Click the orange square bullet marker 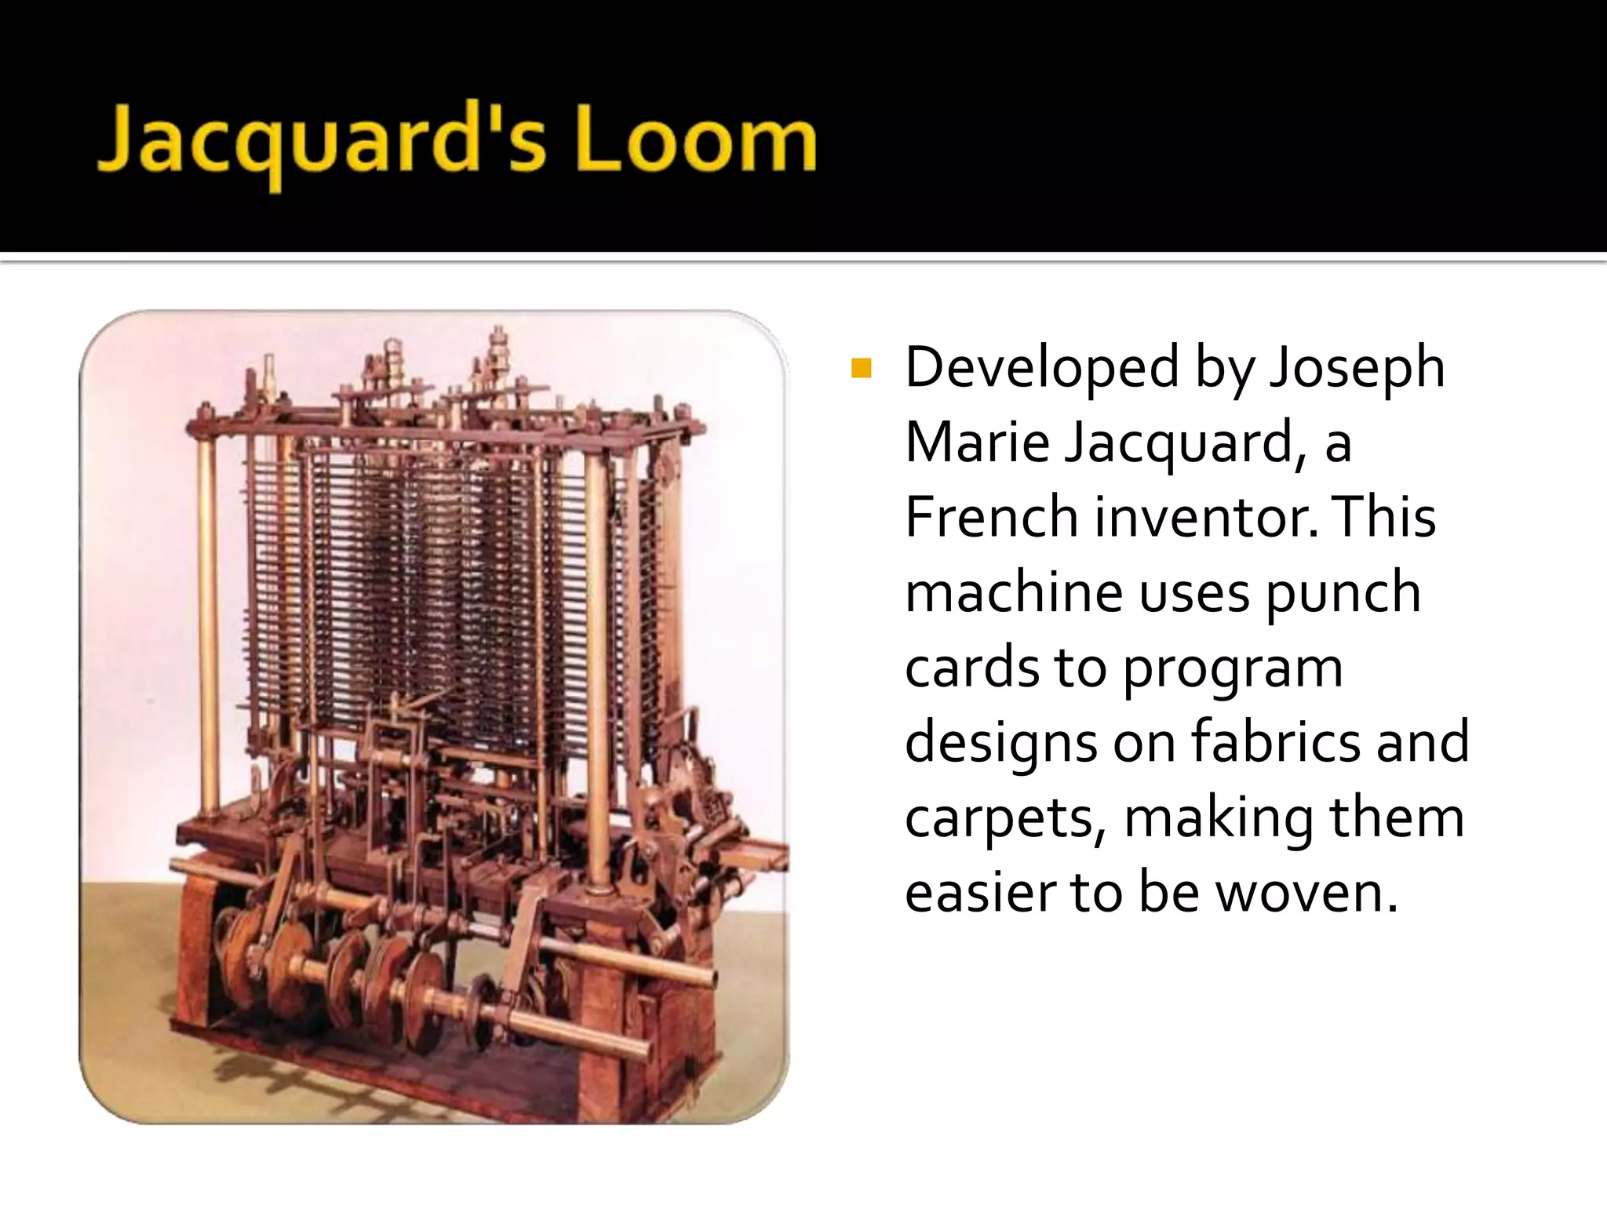pyautogui.click(x=861, y=368)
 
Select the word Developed pyautogui.click(x=1041, y=367)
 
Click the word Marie pyautogui.click(x=977, y=442)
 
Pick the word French pyautogui.click(x=992, y=517)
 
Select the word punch pyautogui.click(x=1343, y=593)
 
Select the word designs pyautogui.click(x=1001, y=743)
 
